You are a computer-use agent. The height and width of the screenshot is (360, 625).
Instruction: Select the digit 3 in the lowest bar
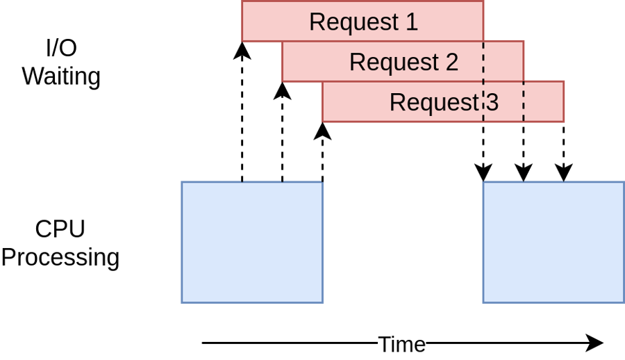coord(491,103)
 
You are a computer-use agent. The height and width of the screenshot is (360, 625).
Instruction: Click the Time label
coord(401,345)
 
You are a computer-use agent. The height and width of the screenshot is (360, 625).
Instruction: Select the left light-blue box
coord(252,243)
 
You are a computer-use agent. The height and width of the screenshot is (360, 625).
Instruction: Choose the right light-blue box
coord(553,243)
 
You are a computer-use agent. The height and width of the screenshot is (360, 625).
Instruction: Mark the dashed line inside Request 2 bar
coord(483,61)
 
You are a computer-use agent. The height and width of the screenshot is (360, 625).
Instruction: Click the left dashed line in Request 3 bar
coord(483,101)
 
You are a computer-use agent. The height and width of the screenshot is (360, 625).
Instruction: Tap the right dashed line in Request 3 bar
coord(524,101)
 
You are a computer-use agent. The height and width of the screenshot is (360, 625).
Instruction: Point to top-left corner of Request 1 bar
coord(242,1)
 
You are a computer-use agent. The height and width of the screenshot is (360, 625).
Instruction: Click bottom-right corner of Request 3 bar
coord(564,122)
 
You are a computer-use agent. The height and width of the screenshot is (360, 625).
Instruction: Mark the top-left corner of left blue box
coord(182,182)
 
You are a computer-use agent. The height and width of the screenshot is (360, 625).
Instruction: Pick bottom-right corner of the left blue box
coord(322,302)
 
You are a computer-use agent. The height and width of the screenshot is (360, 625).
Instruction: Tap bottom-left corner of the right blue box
coord(483,302)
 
